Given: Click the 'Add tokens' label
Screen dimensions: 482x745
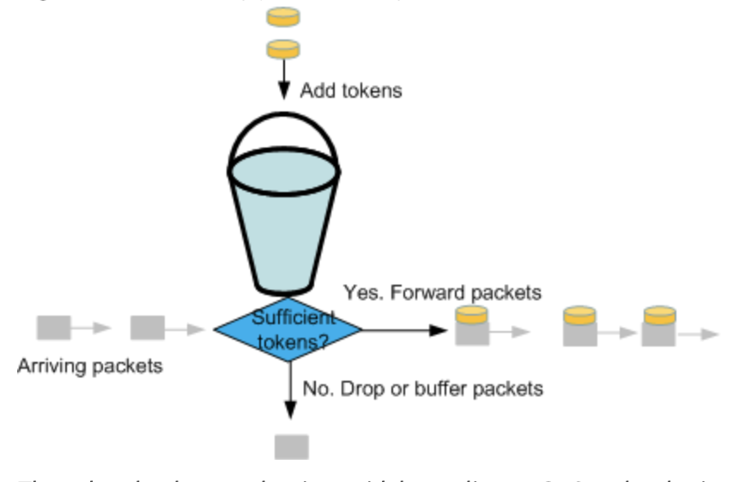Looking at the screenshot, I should coord(350,90).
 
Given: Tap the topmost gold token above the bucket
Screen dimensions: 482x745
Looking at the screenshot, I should coord(283,16).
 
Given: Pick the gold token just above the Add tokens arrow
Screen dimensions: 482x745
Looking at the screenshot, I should coord(283,48).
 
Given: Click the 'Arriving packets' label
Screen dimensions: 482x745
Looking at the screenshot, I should coord(90,366).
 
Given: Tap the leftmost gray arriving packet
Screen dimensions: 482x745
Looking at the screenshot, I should coord(53,327).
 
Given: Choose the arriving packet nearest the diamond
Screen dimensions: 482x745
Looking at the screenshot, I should coord(148,327).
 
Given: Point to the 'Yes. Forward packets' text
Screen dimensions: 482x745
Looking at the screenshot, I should coord(442,292).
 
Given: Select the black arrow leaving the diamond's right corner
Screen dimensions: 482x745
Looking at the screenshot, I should coord(403,328).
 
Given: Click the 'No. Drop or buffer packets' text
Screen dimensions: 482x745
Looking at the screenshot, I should coord(422,389).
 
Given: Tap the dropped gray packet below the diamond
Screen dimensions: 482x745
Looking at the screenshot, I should coord(291,447).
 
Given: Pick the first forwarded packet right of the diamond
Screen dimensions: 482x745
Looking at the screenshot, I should coord(472,326).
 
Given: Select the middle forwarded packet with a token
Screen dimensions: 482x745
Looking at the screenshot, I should coord(580,326).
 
